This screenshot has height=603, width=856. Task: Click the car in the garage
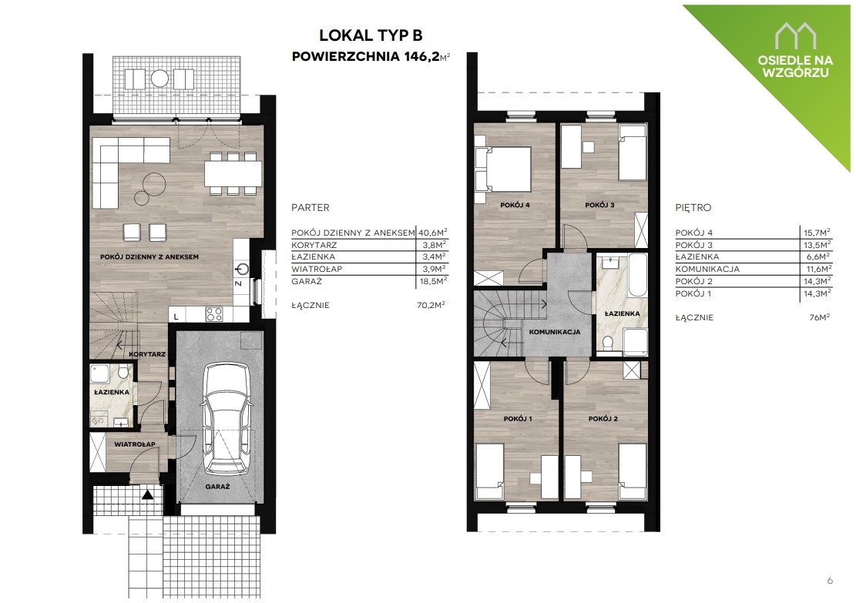(227, 418)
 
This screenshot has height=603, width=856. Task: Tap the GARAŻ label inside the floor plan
(217, 486)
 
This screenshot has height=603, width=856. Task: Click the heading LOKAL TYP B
(371, 35)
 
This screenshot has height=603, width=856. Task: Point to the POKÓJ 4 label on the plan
(515, 205)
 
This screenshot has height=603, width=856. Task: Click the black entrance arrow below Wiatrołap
(147, 495)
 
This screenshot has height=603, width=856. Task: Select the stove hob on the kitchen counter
(214, 314)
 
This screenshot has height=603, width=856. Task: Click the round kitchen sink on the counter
(243, 269)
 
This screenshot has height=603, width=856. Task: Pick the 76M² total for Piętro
(820, 317)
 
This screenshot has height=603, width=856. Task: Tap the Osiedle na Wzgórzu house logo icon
(796, 35)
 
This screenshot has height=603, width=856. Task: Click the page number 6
(830, 580)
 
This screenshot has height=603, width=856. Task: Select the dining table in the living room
(233, 174)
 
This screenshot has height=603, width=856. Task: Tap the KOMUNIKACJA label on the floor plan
(555, 332)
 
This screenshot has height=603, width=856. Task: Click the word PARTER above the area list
(311, 208)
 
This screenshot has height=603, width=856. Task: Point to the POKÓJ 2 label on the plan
(603, 418)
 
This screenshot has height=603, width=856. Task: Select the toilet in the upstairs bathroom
(608, 341)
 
